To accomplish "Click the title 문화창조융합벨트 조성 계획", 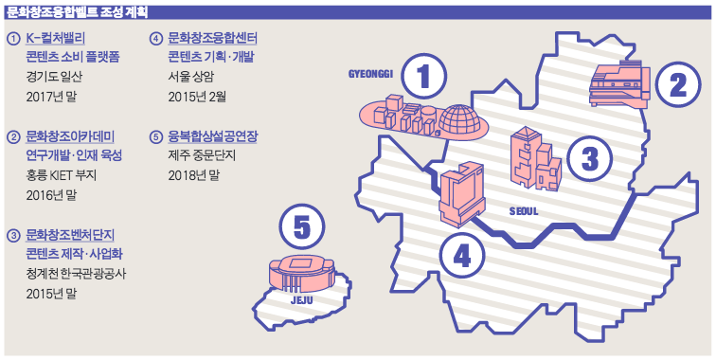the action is (x=78, y=12).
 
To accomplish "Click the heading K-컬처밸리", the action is (x=55, y=38).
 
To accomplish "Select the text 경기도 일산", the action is (x=54, y=77).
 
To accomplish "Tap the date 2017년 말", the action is (x=51, y=97).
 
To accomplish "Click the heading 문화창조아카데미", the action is (x=70, y=136).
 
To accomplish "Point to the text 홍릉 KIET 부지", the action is (x=62, y=175).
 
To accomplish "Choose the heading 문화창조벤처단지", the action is (x=70, y=235).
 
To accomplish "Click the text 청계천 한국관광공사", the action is (x=76, y=274).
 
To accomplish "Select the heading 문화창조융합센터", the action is (x=212, y=38).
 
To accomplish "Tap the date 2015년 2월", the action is (x=197, y=97).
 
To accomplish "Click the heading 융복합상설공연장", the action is (x=212, y=136).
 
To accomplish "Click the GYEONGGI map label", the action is (x=371, y=74).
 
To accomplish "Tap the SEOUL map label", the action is (x=524, y=211).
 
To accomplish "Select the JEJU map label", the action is (x=302, y=300).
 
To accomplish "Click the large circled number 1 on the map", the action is (x=424, y=77).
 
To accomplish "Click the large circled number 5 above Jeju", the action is (x=302, y=227).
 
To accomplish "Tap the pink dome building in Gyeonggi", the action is (x=460, y=120).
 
